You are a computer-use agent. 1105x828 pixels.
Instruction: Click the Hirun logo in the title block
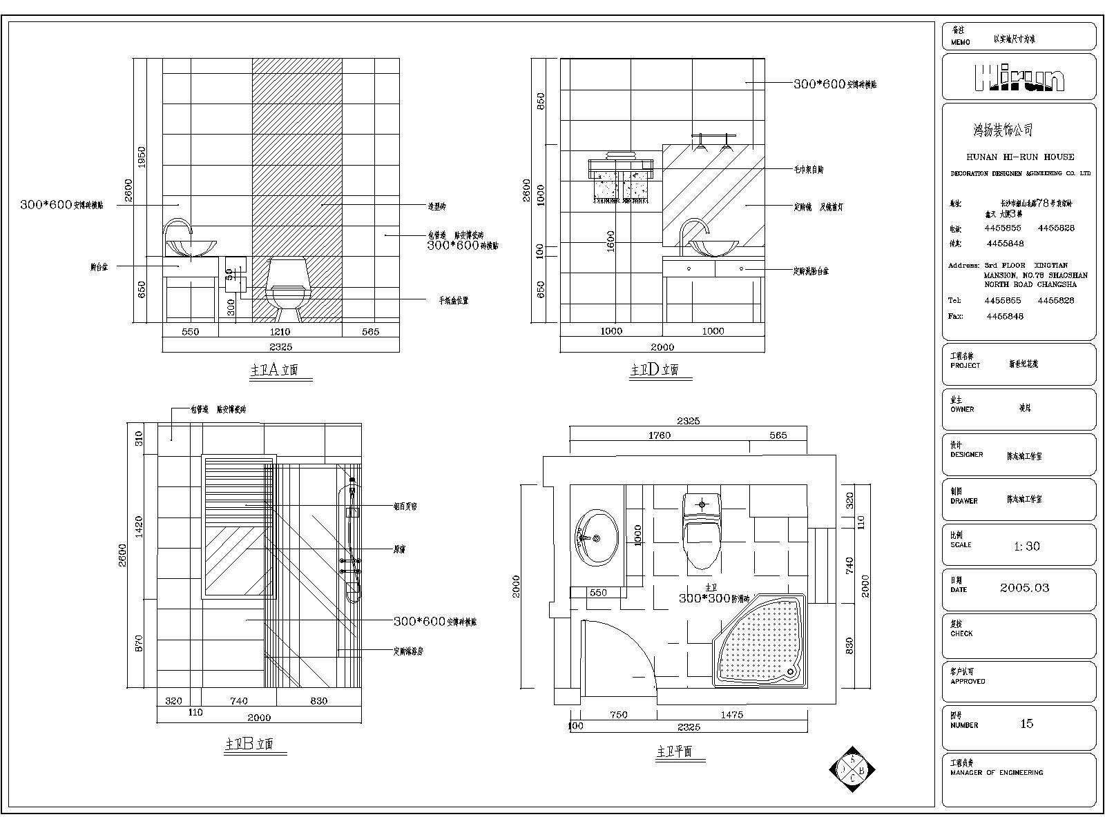(x=1019, y=77)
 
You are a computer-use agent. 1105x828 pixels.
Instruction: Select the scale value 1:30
(x=1027, y=546)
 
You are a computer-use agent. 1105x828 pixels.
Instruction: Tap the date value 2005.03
(x=1024, y=588)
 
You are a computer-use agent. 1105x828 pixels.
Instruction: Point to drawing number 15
(x=1026, y=724)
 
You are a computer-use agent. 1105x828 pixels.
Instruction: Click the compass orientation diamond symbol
(x=853, y=769)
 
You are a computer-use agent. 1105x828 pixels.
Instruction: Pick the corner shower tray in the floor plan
(x=758, y=640)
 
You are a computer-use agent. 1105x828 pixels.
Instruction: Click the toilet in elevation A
(x=289, y=289)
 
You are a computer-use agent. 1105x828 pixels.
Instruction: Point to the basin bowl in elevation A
(x=191, y=248)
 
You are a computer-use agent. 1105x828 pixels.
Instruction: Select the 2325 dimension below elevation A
(x=280, y=346)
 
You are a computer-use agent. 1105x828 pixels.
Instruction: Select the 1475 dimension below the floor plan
(x=731, y=715)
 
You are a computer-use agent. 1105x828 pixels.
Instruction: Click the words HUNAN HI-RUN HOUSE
(x=1020, y=157)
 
